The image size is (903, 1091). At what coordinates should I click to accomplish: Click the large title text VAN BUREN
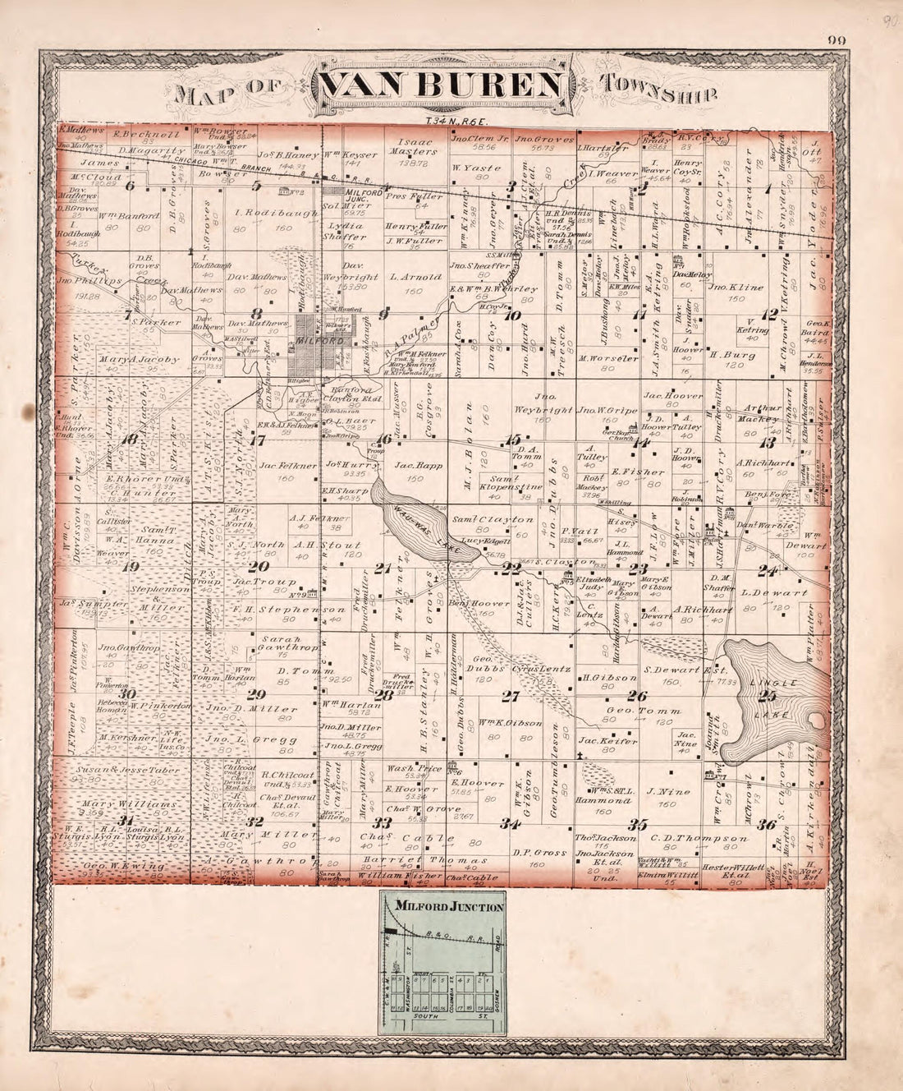[441, 86]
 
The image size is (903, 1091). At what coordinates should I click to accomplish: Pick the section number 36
[768, 824]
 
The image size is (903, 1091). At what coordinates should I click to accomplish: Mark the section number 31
[126, 821]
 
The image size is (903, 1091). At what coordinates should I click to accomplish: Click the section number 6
[129, 185]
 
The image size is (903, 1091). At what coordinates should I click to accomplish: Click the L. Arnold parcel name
[411, 278]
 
